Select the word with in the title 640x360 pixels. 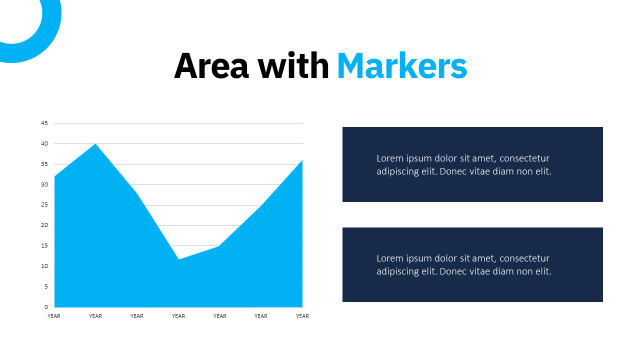293,65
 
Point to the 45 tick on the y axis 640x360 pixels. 44,123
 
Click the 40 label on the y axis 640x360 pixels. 44,143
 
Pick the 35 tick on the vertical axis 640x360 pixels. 44,164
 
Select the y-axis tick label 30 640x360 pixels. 44,184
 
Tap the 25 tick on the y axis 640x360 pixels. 44,205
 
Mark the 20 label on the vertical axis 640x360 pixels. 44,225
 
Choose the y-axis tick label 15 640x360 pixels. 44,245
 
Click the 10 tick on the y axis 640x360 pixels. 44,266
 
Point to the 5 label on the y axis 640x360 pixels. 46,286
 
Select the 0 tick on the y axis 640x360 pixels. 46,307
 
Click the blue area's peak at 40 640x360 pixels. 95,143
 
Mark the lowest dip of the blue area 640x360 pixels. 178,259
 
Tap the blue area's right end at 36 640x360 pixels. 302,160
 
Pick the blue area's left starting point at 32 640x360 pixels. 54,176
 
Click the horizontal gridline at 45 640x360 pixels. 178,123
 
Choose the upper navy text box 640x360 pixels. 472,164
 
